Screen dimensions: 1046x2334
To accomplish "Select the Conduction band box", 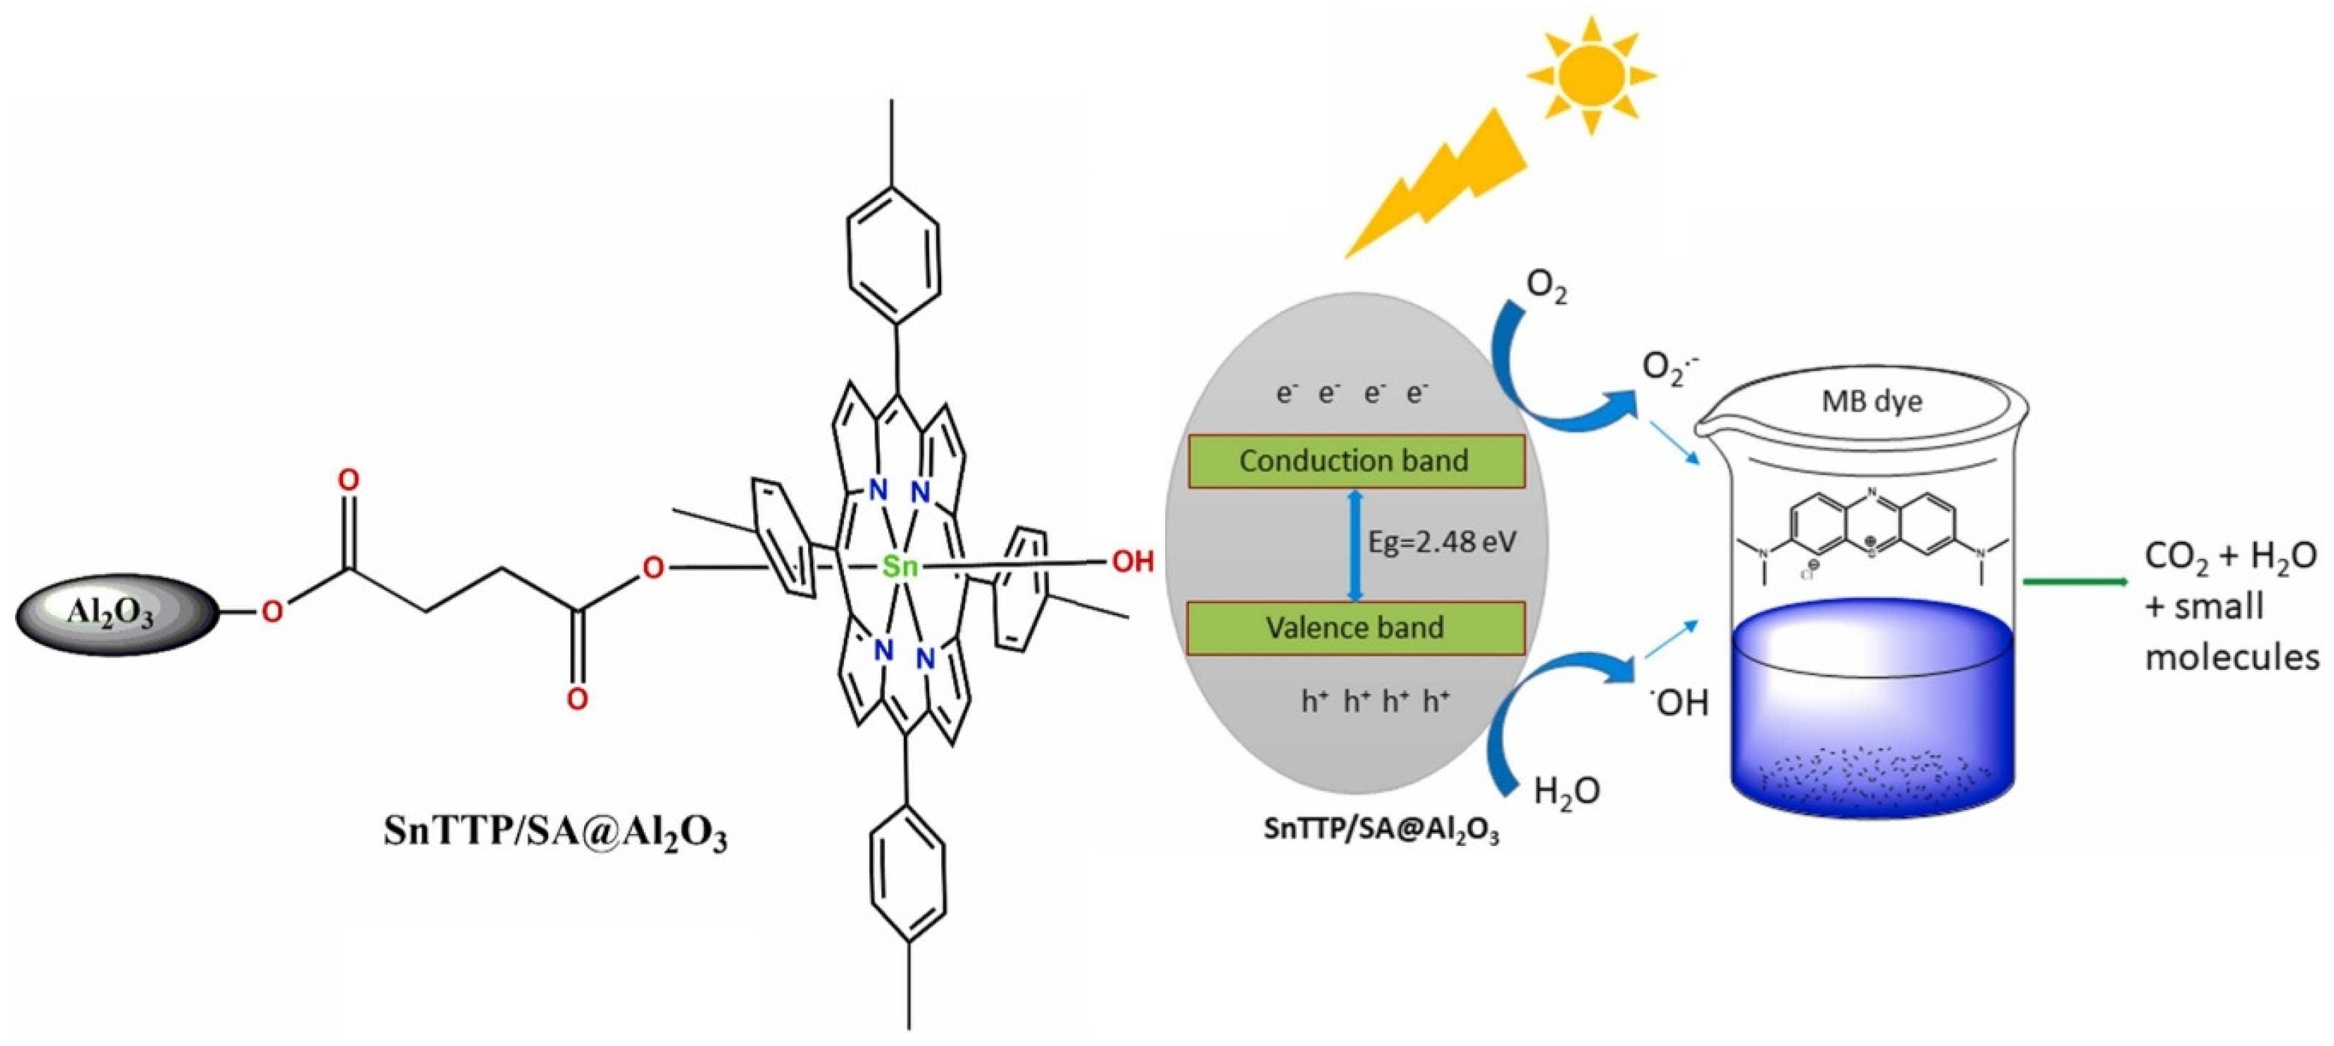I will (x=1355, y=462).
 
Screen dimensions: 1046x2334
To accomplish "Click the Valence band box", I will (x=1355, y=627).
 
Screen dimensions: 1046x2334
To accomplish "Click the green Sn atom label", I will (x=901, y=567).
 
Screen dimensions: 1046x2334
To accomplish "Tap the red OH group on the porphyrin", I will (x=1133, y=562).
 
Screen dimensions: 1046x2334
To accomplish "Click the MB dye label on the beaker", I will (x=1872, y=402).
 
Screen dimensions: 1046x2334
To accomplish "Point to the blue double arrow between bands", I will (x=1355, y=545).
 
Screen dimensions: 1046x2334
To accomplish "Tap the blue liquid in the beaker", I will (x=1872, y=716).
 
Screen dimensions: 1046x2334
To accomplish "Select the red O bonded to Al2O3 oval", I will (x=272, y=613).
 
